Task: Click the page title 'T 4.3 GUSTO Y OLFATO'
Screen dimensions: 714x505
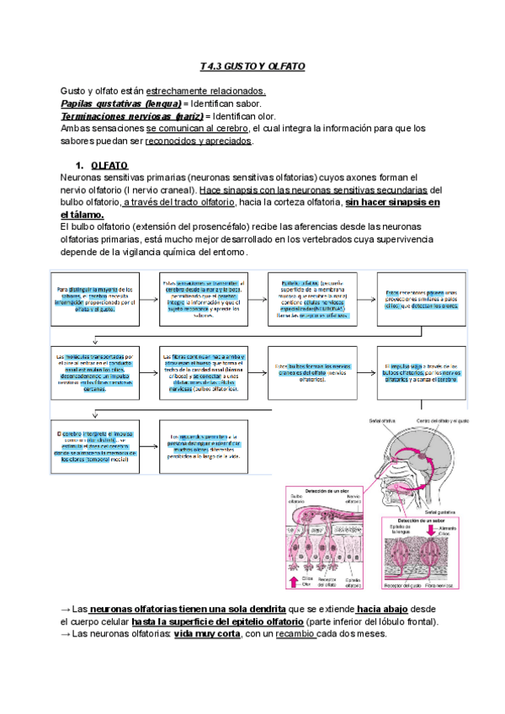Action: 252,66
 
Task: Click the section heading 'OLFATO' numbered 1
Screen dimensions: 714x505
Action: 109,166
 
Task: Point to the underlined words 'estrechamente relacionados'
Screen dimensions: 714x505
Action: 205,91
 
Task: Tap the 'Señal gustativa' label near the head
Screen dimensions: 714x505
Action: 445,511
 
